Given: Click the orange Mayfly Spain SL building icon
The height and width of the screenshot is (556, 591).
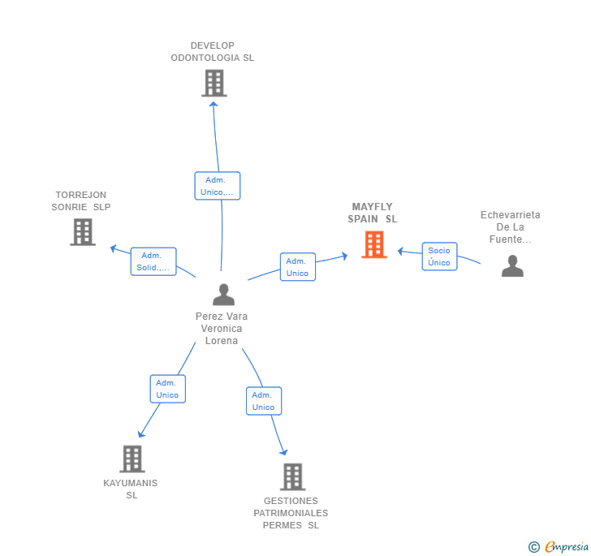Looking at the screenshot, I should (373, 244).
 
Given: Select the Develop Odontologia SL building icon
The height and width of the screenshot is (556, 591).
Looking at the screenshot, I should (214, 83).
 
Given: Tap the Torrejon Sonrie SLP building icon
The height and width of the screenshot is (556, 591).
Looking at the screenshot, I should (82, 232).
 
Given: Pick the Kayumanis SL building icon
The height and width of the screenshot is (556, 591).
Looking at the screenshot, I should (132, 459).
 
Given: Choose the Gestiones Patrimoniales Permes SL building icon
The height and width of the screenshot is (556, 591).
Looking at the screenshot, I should (292, 476).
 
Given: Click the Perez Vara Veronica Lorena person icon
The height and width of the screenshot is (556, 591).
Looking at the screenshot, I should (223, 295).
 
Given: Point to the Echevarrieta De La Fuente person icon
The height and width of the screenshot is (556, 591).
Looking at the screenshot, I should (512, 266).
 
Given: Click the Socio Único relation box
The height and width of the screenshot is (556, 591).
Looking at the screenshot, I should (439, 256).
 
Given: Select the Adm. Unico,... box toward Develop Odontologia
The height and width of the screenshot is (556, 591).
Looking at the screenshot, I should (217, 186).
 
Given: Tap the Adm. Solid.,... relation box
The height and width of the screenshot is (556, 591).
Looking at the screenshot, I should (153, 261).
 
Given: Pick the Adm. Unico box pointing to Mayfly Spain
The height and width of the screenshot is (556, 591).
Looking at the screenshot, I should (297, 267).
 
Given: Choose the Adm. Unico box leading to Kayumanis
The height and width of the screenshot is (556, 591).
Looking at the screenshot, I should (167, 389).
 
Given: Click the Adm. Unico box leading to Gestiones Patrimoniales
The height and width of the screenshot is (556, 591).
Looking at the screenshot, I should (263, 401).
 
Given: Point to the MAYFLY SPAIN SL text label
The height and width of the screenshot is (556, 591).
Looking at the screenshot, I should (373, 213).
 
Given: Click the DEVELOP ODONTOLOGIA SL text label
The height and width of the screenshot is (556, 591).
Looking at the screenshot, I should (212, 52).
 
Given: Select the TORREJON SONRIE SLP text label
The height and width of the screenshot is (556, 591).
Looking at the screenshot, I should (80, 200).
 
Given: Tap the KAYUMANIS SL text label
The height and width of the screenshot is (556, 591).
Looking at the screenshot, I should (131, 489).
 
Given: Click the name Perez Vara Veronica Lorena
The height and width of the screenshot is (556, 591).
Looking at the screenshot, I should (222, 328).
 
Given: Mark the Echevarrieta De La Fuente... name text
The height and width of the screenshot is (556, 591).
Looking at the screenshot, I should (510, 227).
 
